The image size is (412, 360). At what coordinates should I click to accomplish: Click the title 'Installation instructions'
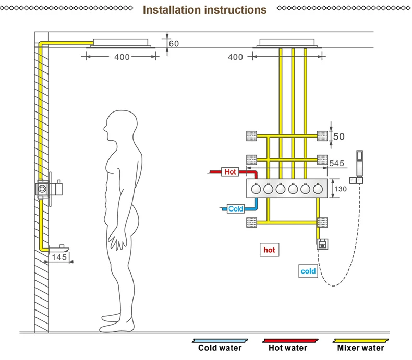[x=204, y=10]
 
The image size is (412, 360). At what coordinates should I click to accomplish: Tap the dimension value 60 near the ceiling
[x=174, y=44]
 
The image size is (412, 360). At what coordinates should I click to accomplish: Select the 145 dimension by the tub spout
[x=59, y=257]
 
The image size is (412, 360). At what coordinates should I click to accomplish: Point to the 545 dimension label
[x=336, y=163]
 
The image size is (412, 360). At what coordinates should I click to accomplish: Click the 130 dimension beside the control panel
[x=341, y=189]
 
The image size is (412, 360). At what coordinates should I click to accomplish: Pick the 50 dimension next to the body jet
[x=338, y=136]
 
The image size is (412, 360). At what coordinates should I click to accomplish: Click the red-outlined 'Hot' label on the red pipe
[x=230, y=172]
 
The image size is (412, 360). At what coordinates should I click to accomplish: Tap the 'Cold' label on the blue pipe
[x=236, y=209]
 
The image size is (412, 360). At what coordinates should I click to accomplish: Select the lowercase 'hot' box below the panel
[x=269, y=250]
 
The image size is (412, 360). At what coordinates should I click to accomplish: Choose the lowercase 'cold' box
[x=308, y=271]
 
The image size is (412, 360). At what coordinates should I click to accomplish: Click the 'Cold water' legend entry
[x=220, y=345]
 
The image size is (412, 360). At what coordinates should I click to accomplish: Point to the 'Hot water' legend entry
[x=288, y=345]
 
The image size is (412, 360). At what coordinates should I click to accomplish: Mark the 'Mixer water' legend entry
[x=360, y=345]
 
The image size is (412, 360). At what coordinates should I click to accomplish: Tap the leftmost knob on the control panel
[x=256, y=189]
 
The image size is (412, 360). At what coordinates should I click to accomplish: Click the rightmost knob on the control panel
[x=318, y=189]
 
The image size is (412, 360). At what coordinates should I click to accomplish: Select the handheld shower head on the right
[x=359, y=163]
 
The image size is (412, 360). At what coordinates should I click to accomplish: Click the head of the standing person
[x=120, y=126]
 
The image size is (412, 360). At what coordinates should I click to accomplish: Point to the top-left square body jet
[x=251, y=136]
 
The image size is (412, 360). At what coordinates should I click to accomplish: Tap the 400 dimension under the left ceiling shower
[x=122, y=57]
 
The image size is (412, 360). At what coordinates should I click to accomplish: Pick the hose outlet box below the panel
[x=322, y=244]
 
